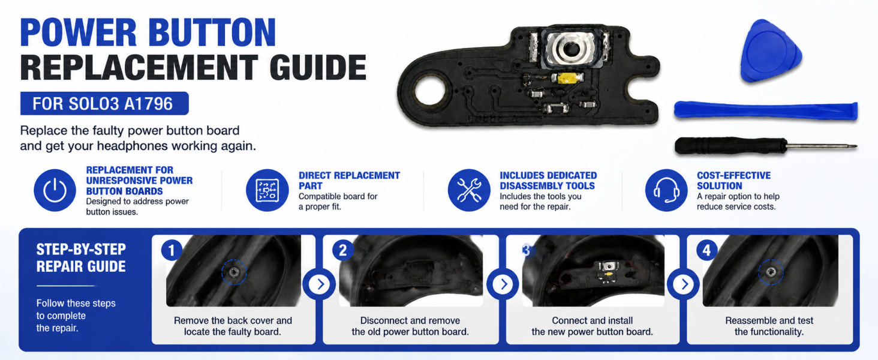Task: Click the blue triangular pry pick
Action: [x=769, y=52]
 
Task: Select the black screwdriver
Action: [x=764, y=146]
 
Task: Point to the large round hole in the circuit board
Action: [x=430, y=91]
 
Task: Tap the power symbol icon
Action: [x=55, y=190]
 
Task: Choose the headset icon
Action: [x=666, y=190]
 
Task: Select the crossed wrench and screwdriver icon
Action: [x=469, y=190]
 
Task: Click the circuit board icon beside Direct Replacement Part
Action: [x=267, y=190]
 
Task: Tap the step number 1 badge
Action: [x=172, y=250]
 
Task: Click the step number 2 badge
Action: [x=342, y=250]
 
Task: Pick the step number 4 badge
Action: [x=706, y=250]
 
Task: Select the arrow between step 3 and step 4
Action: [x=684, y=284]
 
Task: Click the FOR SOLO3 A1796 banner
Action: [x=104, y=104]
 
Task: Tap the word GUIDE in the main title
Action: [x=318, y=67]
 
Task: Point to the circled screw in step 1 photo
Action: [x=234, y=272]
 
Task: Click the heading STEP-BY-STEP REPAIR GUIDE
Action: [x=81, y=257]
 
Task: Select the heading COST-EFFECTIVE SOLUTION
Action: [x=733, y=181]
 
